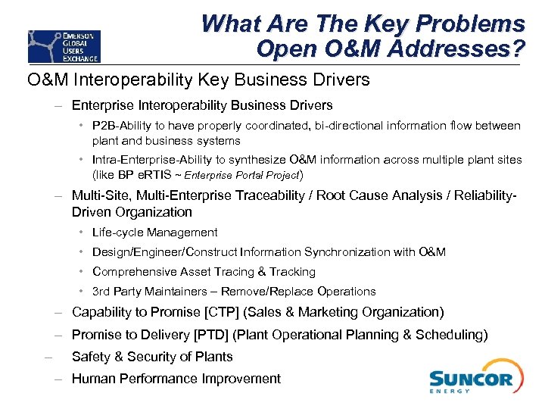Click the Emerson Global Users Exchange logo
[x=64, y=45]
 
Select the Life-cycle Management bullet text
[x=154, y=233]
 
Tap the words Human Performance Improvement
[x=176, y=379]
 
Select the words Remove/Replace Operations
[x=298, y=292]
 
